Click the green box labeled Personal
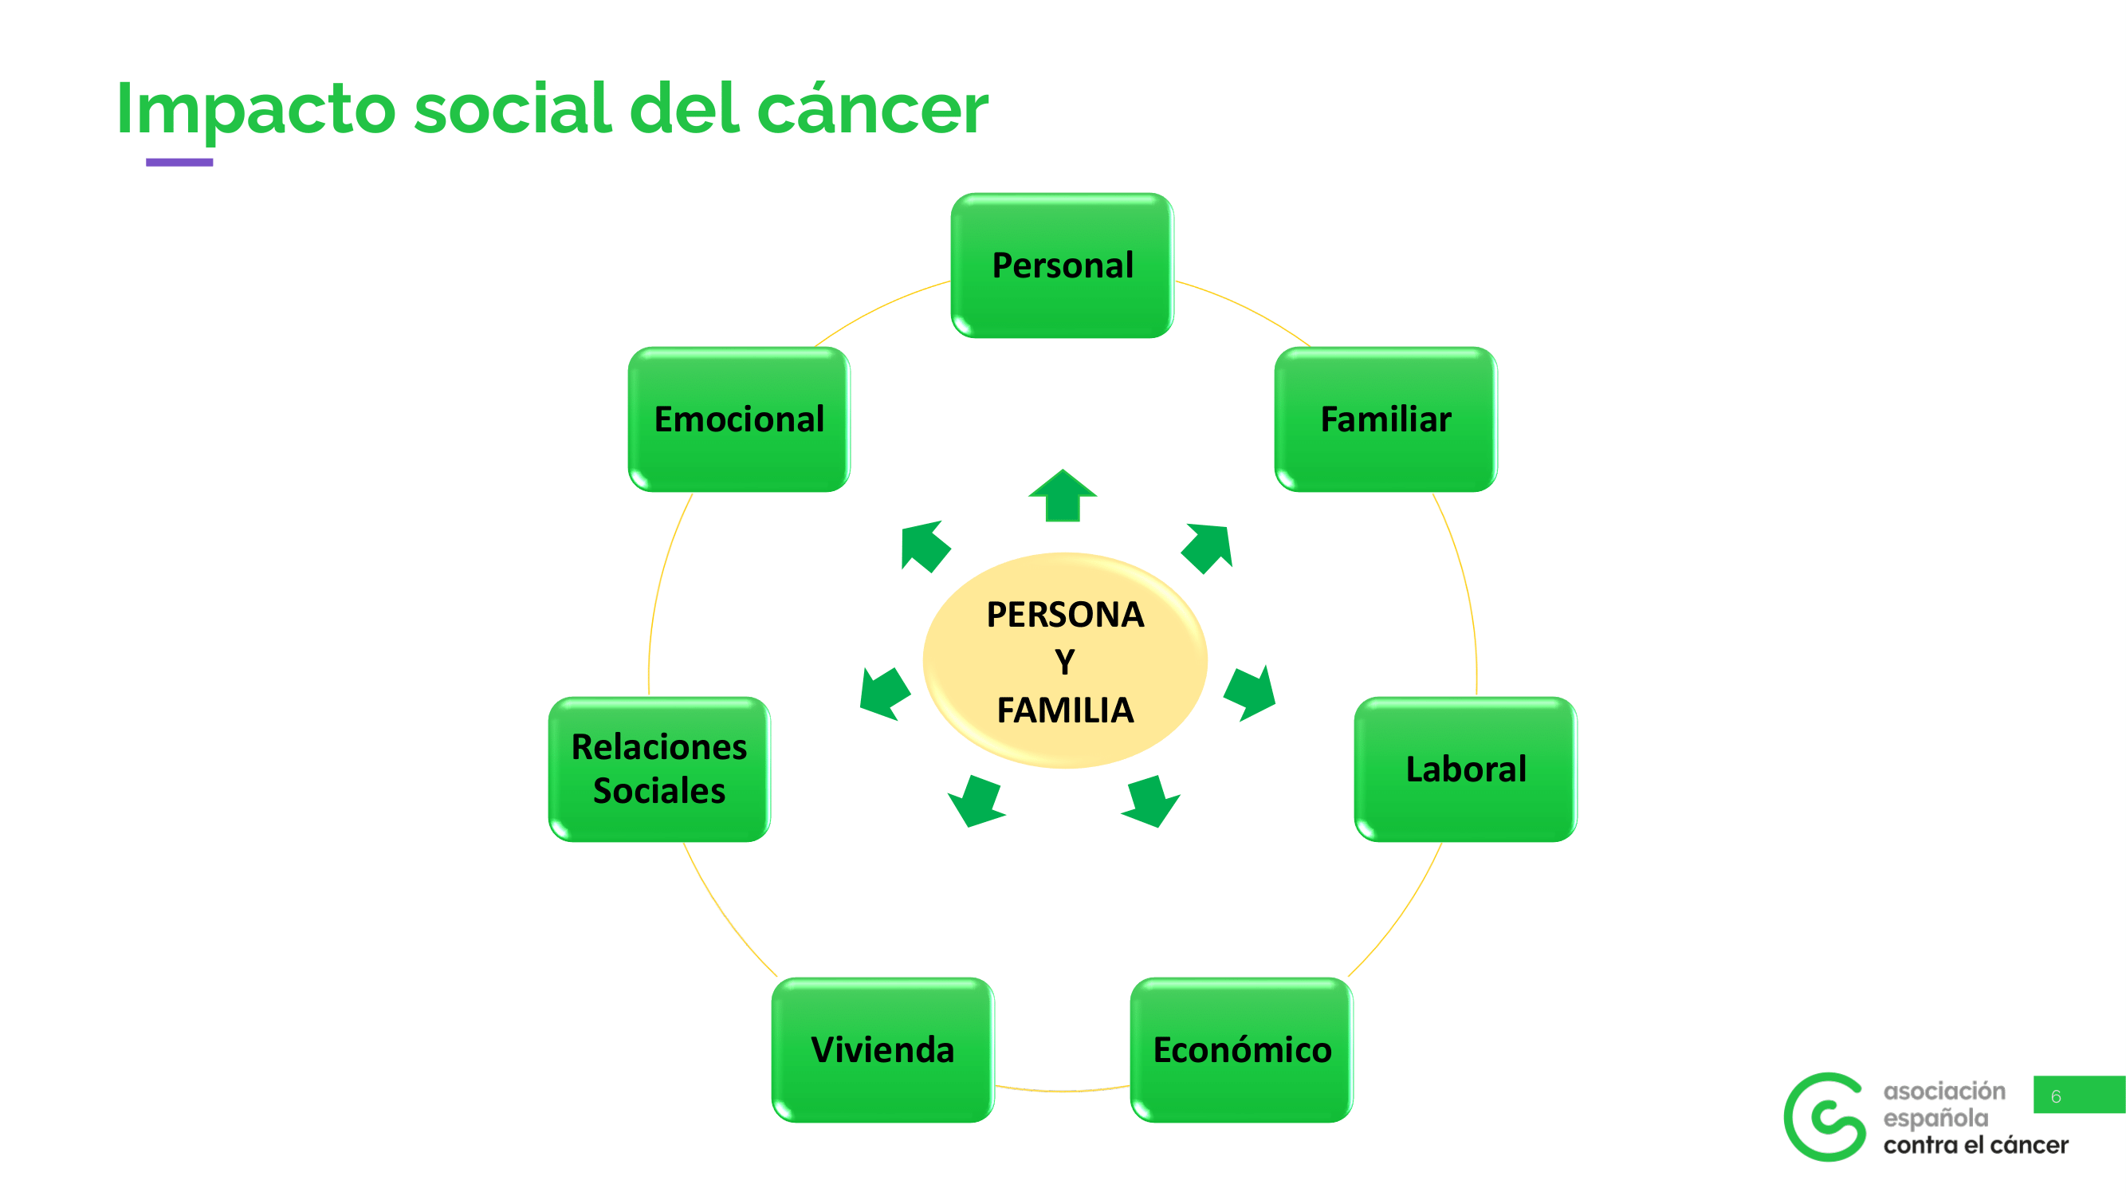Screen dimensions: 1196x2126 pos(1062,265)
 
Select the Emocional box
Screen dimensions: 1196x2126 pos(739,419)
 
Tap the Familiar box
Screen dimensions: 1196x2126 pos(1385,419)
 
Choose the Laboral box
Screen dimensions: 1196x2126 pos(1466,769)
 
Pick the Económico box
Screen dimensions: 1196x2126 pos(1241,1050)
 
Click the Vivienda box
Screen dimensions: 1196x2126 pos(882,1050)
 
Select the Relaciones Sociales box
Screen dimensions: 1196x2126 pos(658,769)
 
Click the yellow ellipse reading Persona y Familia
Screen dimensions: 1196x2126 pos(1065,660)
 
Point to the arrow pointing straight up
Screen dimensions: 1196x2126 pos(1063,497)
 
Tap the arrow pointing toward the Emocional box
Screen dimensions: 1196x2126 pos(924,545)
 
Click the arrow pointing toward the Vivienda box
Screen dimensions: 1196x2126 pos(977,801)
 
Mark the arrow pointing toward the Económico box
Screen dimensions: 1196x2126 pos(1151,801)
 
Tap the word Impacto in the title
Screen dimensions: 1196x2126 pos(256,110)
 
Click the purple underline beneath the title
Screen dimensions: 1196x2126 pos(179,163)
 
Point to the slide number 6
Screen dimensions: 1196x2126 pos(2056,1096)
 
